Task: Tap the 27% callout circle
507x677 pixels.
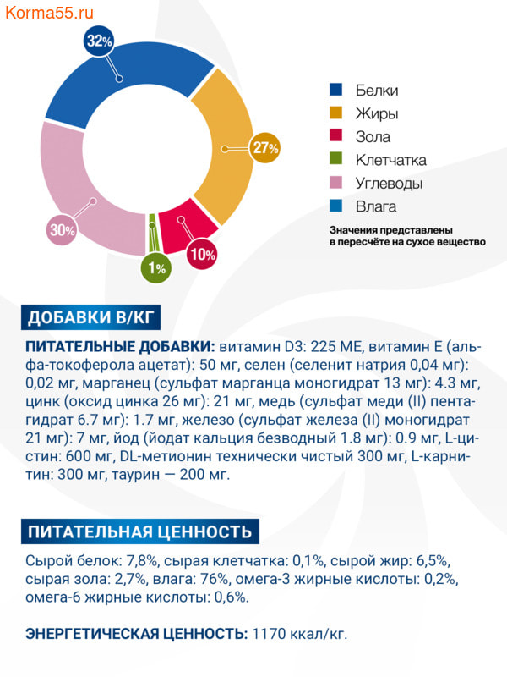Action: [x=264, y=148]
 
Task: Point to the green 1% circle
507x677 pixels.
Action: [x=156, y=268]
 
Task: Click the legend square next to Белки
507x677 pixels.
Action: [x=336, y=91]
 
